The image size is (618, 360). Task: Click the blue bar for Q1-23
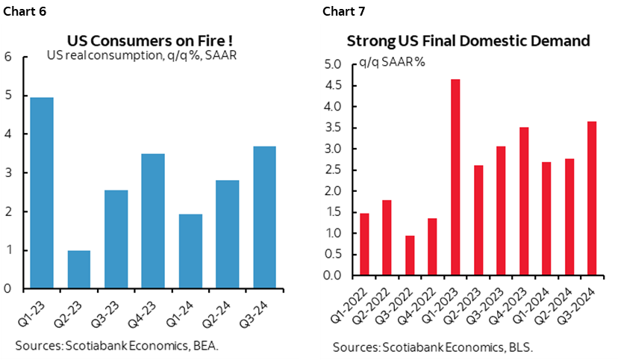(x=41, y=193)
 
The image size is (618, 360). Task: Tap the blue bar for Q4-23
(x=152, y=221)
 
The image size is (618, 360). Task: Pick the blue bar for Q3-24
(x=264, y=217)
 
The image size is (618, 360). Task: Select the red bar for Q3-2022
(x=410, y=255)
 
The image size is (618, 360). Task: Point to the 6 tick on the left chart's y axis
(x=8, y=57)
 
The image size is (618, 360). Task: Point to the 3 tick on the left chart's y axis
(x=8, y=173)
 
